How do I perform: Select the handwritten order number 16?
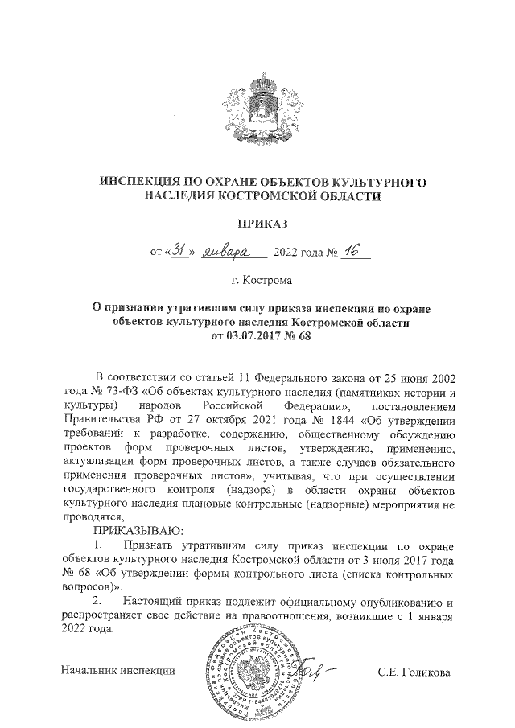[x=352, y=252]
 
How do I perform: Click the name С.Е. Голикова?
[x=414, y=672]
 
